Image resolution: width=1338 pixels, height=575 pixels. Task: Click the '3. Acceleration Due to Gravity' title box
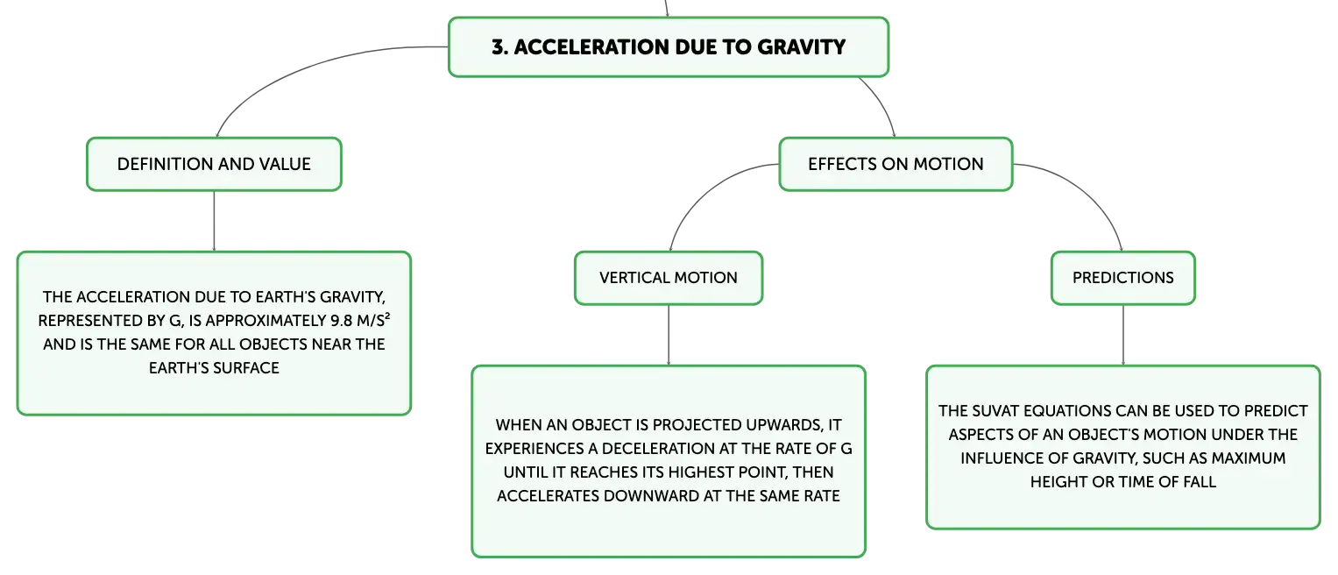pos(669,47)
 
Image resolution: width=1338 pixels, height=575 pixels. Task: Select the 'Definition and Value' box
pos(214,165)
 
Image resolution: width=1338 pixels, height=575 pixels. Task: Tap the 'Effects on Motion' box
pos(896,165)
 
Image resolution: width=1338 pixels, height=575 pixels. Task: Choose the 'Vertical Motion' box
pos(669,278)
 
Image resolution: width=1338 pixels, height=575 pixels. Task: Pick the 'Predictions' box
pos(1123,278)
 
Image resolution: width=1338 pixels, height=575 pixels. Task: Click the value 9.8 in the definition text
pos(341,321)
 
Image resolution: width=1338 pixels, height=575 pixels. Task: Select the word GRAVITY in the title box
pos(802,47)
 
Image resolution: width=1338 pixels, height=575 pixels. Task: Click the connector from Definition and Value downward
pos(214,221)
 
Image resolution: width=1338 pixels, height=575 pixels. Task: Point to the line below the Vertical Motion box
pos(669,336)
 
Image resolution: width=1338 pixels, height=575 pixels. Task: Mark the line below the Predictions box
pos(1123,336)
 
